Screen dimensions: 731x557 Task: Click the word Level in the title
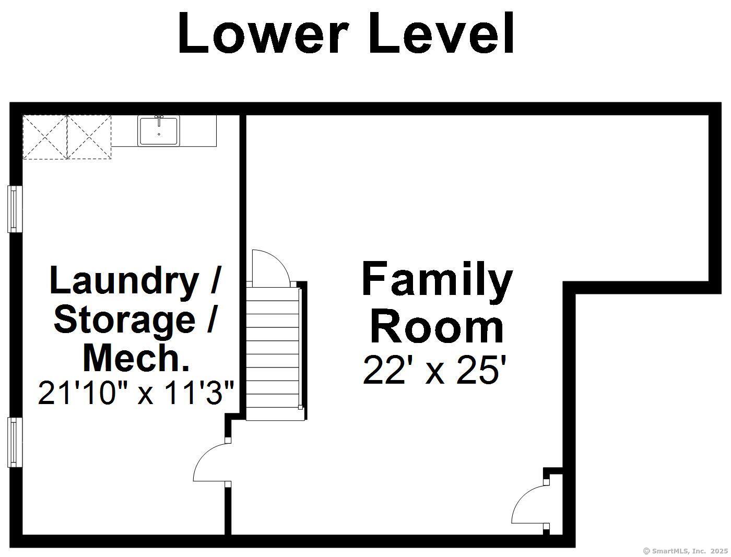tap(441, 33)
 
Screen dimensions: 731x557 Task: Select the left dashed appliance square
tap(45, 137)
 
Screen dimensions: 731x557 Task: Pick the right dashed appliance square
tap(89, 137)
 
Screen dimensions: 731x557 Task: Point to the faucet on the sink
tap(159, 120)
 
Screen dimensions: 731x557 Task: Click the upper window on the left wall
tap(15, 209)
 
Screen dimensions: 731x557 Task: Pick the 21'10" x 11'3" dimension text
tap(137, 393)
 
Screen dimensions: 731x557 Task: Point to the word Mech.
tap(136, 358)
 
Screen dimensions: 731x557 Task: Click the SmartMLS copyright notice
tap(686, 551)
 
